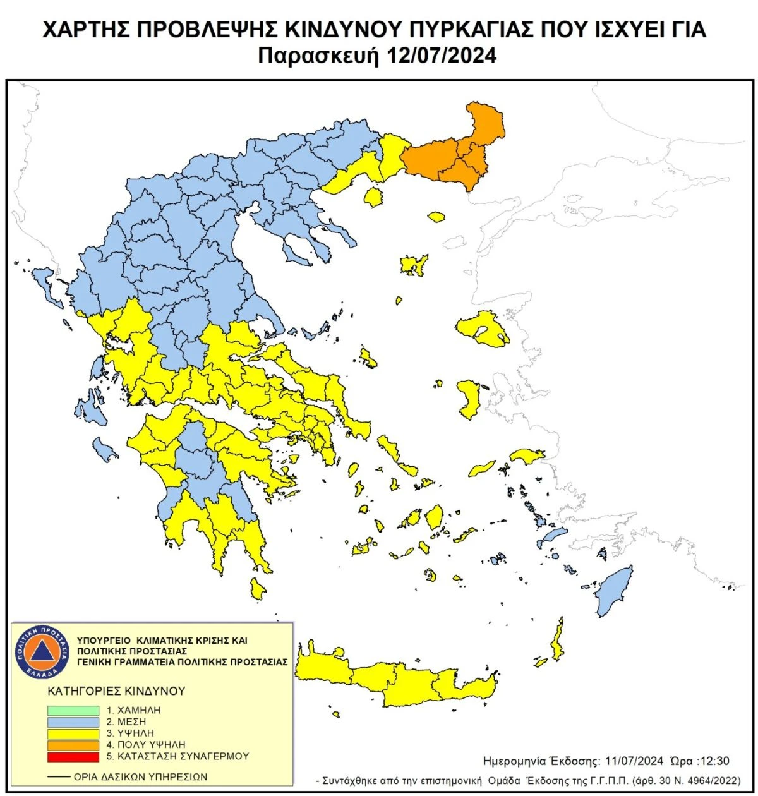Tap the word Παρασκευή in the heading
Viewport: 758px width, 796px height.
320,56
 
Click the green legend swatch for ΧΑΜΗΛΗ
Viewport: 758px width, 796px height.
73,710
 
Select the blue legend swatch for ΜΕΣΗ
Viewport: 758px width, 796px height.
73,721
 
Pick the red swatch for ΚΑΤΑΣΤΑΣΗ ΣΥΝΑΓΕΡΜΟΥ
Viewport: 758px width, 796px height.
73,756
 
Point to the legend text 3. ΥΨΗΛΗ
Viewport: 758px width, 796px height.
131,733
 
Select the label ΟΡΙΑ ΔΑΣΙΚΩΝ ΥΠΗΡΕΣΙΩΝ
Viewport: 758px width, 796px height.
140,776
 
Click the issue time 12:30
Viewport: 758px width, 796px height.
716,761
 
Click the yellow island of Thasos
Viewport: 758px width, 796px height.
374,198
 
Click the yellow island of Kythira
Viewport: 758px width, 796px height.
256,589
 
